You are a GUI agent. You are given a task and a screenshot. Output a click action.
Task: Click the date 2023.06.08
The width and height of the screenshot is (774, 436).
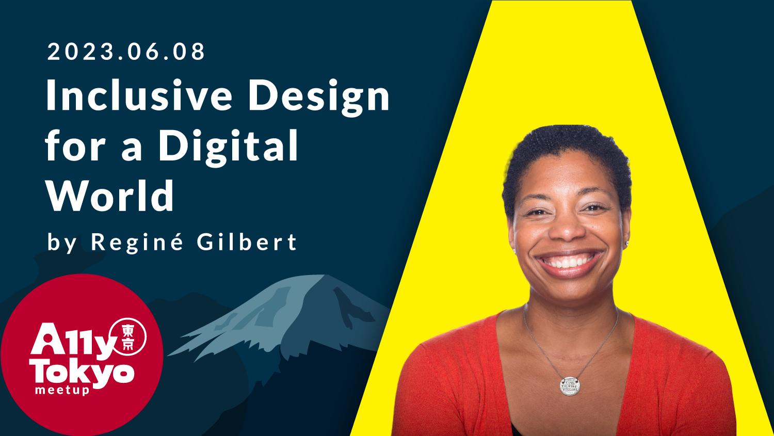point(126,52)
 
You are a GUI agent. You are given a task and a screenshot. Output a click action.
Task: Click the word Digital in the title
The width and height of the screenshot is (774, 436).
point(229,147)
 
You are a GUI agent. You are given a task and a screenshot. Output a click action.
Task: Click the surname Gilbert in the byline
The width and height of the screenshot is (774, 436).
point(247,241)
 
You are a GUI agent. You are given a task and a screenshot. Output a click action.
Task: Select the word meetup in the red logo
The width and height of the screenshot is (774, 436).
point(62,391)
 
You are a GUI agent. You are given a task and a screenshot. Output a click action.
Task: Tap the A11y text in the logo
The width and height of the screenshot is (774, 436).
point(71,340)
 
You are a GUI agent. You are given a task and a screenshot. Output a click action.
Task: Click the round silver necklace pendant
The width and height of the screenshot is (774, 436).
point(570,386)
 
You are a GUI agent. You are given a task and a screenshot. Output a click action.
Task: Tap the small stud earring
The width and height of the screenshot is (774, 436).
point(626,244)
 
